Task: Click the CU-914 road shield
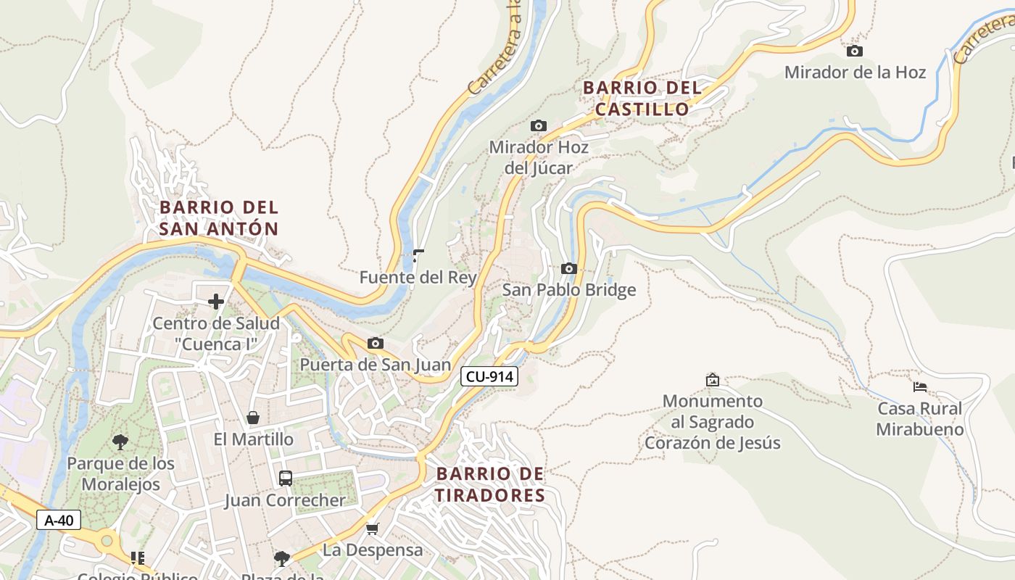tap(489, 376)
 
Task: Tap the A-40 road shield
tap(59, 520)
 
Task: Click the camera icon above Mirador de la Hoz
tap(855, 51)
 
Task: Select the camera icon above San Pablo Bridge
tap(569, 268)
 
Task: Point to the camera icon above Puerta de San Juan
tap(376, 343)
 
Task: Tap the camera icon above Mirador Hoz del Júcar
tap(539, 125)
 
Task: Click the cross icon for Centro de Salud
tap(216, 301)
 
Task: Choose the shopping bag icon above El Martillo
tap(253, 418)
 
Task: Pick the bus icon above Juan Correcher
tap(286, 478)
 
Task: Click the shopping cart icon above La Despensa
tap(373, 529)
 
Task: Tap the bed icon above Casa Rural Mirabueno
tap(920, 386)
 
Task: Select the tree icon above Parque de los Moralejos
tap(120, 442)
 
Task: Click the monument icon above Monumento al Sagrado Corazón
tap(713, 379)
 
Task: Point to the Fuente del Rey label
tap(418, 277)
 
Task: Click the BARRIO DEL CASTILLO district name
tap(642, 99)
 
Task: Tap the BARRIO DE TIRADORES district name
tap(490, 485)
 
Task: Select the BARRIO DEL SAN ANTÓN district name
tap(219, 218)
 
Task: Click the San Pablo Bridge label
tap(569, 290)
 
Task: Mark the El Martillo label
tap(254, 439)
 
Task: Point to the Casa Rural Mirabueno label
tap(920, 419)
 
